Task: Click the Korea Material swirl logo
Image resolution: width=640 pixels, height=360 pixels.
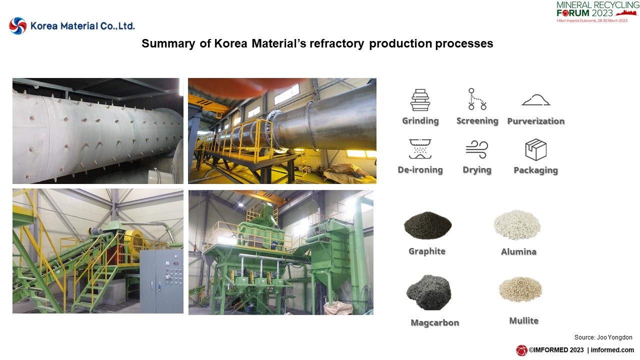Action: click(x=17, y=25)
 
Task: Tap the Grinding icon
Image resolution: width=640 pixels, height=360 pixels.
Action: click(x=420, y=99)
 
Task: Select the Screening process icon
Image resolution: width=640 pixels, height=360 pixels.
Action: click(x=477, y=99)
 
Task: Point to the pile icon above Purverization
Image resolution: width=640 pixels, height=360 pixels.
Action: click(x=535, y=100)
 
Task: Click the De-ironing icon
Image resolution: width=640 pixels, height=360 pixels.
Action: click(x=420, y=149)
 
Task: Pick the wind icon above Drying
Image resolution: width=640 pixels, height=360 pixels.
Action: click(x=477, y=149)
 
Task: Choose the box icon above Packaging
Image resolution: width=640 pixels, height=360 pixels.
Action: click(x=535, y=149)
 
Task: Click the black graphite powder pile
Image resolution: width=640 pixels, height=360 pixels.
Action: click(x=427, y=225)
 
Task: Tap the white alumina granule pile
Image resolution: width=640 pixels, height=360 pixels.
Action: click(x=517, y=225)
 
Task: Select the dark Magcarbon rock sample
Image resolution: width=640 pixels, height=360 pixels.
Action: click(x=428, y=292)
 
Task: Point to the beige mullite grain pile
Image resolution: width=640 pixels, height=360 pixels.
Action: click(x=520, y=289)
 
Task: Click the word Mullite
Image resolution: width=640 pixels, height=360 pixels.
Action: click(x=523, y=321)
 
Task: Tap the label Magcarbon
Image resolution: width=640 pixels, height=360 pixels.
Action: click(x=435, y=323)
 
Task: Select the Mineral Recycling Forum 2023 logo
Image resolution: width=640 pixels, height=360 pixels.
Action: click(x=597, y=11)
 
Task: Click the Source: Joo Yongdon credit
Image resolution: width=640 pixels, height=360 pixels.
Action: click(x=603, y=337)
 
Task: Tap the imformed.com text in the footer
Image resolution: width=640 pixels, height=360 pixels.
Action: click(x=612, y=350)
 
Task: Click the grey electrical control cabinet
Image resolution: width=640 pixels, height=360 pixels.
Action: click(x=161, y=281)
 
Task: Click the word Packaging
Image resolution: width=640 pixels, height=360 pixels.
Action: click(x=535, y=170)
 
